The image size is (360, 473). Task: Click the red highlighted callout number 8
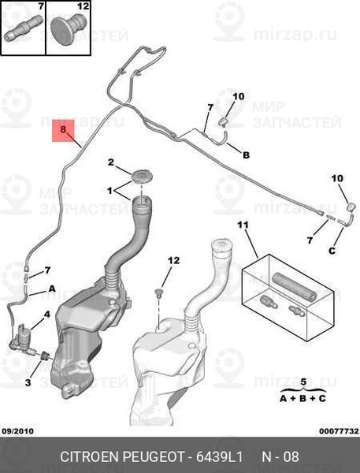(63, 130)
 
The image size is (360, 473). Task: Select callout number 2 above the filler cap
(111, 162)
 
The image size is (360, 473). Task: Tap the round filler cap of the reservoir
(143, 175)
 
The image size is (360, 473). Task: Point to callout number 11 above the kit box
(243, 225)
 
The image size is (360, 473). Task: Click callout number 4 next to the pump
(47, 315)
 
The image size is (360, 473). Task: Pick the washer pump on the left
(23, 339)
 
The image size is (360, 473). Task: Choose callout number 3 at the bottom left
(28, 383)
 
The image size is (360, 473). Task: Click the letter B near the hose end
(247, 155)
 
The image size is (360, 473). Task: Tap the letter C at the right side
(332, 251)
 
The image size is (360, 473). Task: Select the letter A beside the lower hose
(52, 289)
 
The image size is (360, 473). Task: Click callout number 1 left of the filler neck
(109, 191)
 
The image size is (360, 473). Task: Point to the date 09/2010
(18, 431)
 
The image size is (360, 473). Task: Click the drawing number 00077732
(339, 431)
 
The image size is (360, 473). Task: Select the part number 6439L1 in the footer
(220, 456)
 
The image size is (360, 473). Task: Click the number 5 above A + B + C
(303, 382)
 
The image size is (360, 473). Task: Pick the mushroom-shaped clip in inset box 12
(69, 28)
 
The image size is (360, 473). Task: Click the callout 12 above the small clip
(173, 260)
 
